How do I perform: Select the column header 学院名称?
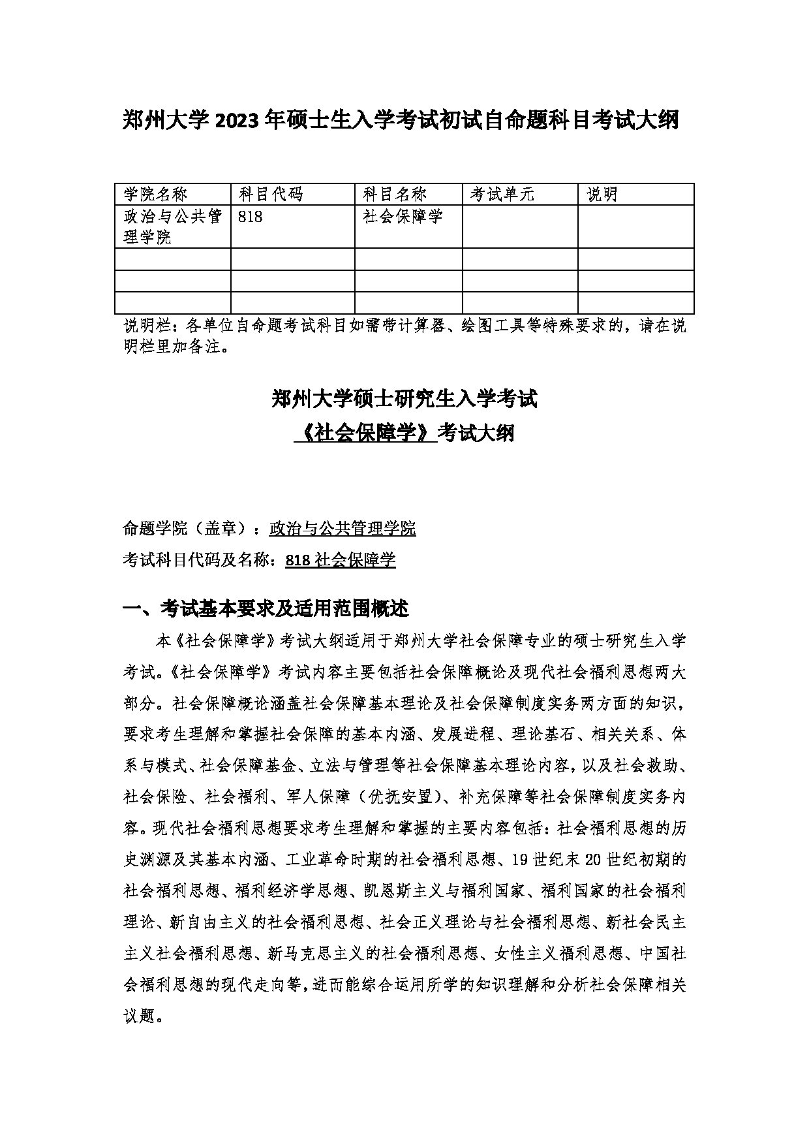(x=155, y=195)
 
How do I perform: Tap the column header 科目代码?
(x=271, y=195)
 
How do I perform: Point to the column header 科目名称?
(x=395, y=195)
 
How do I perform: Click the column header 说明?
(x=602, y=195)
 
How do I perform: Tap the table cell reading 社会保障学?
(x=403, y=217)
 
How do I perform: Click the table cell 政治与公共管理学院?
(x=173, y=226)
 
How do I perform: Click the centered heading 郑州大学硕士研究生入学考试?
(x=404, y=399)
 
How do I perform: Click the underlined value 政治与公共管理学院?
(x=343, y=529)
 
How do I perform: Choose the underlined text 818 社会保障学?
(x=341, y=560)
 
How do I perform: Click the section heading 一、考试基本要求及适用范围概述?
(x=266, y=609)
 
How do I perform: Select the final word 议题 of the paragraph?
(x=138, y=1016)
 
